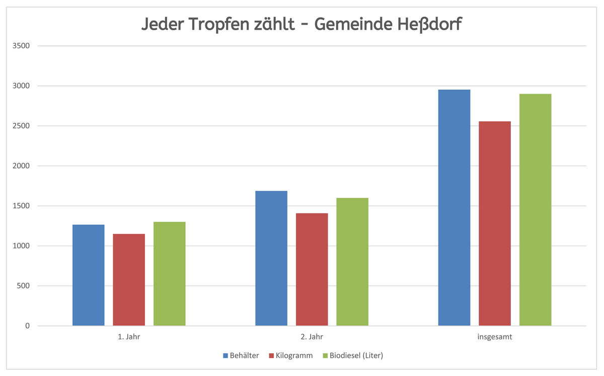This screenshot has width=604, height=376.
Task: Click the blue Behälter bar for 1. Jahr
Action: pos(89,275)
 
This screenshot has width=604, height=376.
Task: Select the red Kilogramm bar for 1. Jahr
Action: pos(129,280)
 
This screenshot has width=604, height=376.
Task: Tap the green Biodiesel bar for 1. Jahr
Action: pos(170,274)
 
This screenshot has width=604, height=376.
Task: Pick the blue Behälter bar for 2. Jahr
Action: pos(271,258)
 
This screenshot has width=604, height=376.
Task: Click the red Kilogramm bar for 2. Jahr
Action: pos(312,269)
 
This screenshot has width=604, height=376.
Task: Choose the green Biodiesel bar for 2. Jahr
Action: pos(352,262)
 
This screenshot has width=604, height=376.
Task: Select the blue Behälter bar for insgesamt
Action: pos(454,208)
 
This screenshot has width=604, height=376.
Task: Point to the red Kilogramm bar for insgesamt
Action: pos(495,223)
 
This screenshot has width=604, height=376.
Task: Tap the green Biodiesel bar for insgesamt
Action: pos(535,210)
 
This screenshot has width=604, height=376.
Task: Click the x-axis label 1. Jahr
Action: pos(129,337)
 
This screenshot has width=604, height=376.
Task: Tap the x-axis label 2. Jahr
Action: pos(312,337)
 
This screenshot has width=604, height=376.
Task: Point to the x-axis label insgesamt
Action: pos(495,337)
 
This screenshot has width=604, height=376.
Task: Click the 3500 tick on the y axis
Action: pos(21,46)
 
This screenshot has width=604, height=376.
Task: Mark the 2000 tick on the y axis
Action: pos(21,166)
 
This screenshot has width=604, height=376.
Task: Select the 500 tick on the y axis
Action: pos(23,286)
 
